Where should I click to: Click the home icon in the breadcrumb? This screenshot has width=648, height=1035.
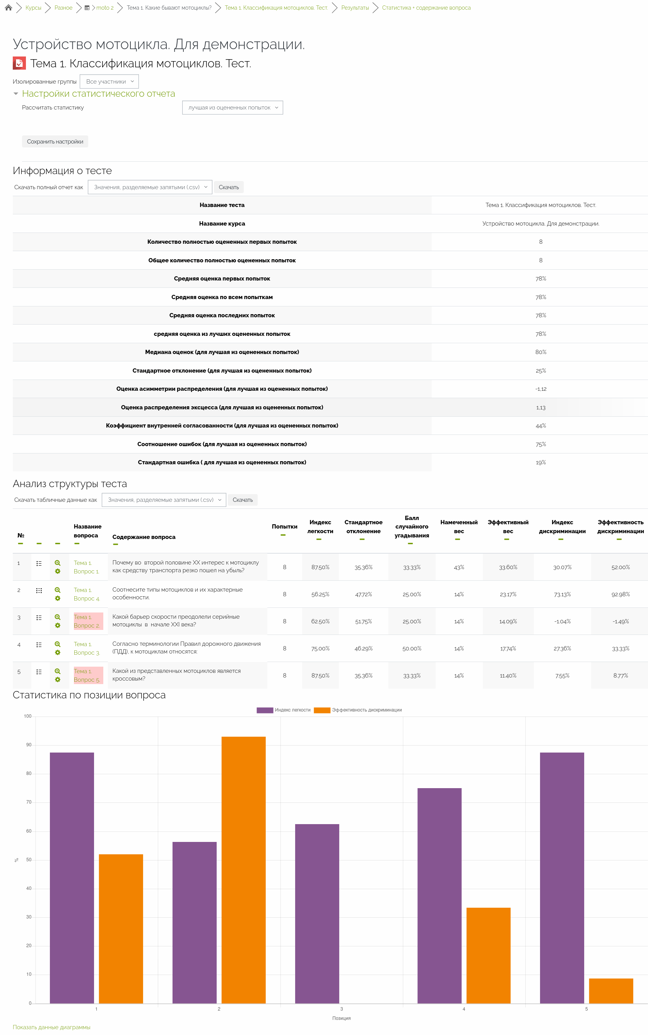(8, 8)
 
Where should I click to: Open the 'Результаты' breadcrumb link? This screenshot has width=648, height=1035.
(355, 8)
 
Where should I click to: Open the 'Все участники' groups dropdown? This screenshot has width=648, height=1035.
(109, 81)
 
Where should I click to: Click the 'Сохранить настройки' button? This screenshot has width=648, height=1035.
(55, 142)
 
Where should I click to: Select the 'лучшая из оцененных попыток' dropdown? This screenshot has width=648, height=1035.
(232, 108)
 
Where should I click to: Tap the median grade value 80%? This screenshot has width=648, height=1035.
(540, 352)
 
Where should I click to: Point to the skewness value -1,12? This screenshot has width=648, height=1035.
(540, 389)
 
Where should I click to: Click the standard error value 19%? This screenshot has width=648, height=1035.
(540, 462)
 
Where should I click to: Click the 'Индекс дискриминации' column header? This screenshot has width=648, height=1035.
(562, 527)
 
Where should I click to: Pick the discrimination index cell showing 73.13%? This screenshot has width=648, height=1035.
(562, 594)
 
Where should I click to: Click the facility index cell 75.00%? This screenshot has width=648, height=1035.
(320, 648)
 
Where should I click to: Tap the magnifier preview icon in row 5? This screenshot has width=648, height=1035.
(57, 671)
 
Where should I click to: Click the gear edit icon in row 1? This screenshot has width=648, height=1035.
(57, 571)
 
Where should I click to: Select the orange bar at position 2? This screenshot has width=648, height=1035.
(243, 870)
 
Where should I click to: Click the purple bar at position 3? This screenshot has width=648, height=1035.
(317, 913)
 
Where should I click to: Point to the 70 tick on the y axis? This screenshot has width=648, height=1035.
(29, 802)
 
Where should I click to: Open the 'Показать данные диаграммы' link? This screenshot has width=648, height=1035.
(51, 1027)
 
